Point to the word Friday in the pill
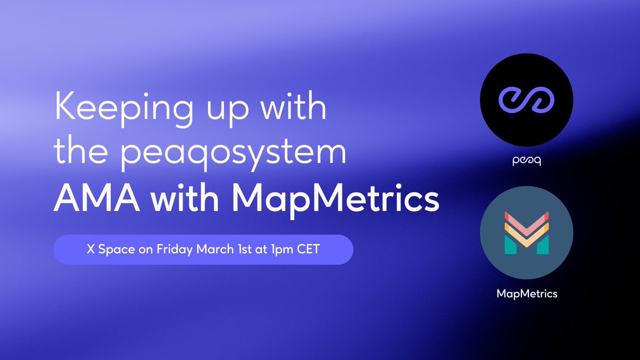pos(174,250)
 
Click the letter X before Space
pos(91,249)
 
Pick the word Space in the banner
pos(117,250)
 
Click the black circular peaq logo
pos(526,100)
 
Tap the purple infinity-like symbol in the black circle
pos(526,100)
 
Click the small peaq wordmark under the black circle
pos(526,161)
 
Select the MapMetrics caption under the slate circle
pos(527,294)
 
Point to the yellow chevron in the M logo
pos(526,235)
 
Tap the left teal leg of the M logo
pos(510,245)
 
